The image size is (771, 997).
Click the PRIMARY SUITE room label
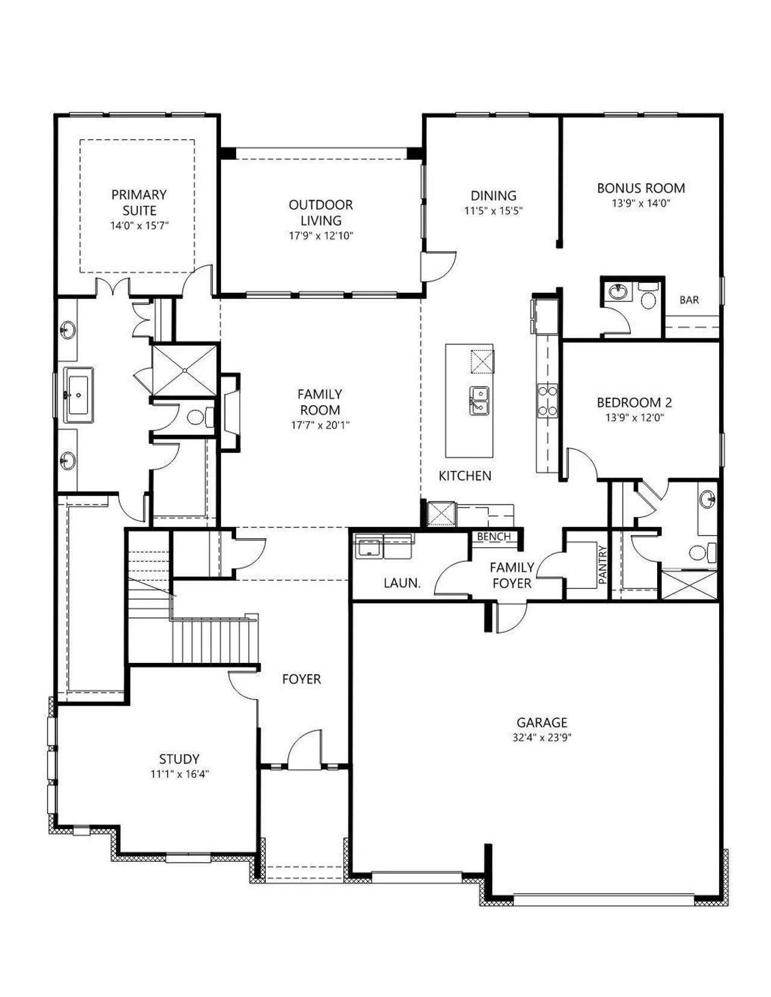(x=139, y=202)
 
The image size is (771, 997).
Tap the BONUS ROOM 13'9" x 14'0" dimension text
(x=641, y=203)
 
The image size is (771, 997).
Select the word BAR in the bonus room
(x=689, y=300)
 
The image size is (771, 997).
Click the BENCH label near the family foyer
(x=494, y=536)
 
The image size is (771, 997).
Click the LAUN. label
(x=402, y=583)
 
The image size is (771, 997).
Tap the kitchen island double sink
(x=479, y=401)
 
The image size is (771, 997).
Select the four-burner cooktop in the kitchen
(x=548, y=400)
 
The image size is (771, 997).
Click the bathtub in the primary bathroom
(x=78, y=394)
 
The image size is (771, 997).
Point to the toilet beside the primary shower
(x=200, y=417)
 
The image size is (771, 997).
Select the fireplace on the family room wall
(x=231, y=412)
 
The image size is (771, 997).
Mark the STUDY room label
(x=179, y=759)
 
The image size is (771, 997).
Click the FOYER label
(x=302, y=679)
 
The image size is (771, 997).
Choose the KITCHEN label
(x=465, y=476)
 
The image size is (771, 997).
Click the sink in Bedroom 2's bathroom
(x=707, y=498)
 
